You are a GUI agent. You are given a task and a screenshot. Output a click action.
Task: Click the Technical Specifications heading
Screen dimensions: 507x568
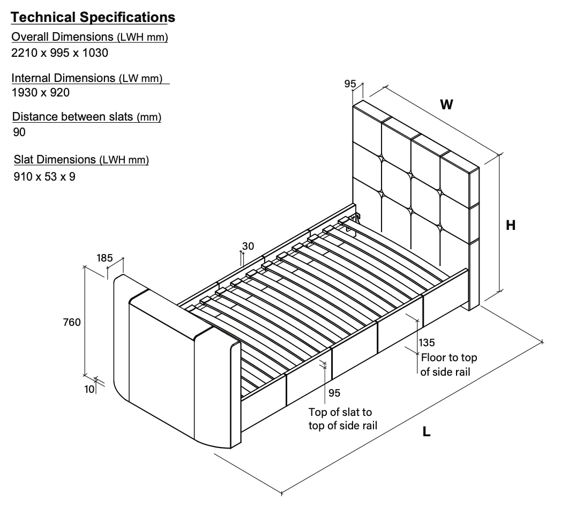[93, 18]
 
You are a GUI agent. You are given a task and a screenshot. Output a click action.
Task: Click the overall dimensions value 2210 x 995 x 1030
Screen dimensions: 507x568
[59, 53]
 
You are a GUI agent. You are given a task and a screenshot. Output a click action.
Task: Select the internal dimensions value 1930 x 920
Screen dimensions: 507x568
[41, 92]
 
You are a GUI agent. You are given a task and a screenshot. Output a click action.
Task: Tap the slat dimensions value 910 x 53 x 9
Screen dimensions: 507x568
[44, 176]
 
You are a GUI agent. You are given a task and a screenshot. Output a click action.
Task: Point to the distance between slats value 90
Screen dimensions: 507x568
[19, 132]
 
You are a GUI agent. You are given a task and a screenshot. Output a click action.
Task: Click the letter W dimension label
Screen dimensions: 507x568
[446, 105]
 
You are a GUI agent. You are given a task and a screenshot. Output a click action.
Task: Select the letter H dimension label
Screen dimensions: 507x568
[511, 226]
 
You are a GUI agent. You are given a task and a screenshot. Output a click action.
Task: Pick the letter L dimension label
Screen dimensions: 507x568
[427, 431]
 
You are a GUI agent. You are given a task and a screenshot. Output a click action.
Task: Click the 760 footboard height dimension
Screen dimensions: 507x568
[71, 322]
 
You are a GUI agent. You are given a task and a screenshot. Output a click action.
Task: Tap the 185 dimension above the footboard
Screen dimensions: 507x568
[104, 258]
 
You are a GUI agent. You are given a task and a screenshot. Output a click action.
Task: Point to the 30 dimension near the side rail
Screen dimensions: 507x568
[248, 246]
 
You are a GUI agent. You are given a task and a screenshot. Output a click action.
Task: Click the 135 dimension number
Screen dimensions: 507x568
[427, 342]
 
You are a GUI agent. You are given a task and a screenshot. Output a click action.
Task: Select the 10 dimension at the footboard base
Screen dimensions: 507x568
[89, 389]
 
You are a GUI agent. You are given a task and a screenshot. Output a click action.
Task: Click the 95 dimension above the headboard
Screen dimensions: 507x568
[350, 84]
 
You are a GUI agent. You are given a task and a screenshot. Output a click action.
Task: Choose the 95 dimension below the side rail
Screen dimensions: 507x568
[334, 393]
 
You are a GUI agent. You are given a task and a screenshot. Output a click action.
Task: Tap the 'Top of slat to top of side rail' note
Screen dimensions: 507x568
[343, 419]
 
